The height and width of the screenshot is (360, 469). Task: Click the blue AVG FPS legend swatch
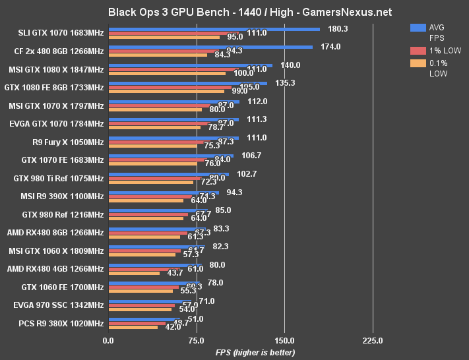coord(417,28)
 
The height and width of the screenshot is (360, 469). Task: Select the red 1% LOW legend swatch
coord(417,51)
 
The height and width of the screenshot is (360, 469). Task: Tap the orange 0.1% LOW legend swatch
coord(417,63)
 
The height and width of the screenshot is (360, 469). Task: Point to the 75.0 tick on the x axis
coord(196,340)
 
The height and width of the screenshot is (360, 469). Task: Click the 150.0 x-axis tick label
coord(284,340)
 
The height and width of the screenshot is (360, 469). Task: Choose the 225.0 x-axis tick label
coord(372,340)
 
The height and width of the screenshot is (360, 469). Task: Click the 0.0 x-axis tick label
coord(108,340)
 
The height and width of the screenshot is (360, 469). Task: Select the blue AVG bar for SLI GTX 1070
coord(214,29)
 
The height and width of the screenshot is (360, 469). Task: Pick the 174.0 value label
coord(330,47)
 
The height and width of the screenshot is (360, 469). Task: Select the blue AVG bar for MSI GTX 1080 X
coord(190,65)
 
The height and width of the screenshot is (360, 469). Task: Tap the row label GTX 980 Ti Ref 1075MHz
coord(59,178)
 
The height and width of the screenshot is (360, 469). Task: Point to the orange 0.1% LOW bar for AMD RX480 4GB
coord(134,272)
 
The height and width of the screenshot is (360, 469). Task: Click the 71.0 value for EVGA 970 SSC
coord(206,301)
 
